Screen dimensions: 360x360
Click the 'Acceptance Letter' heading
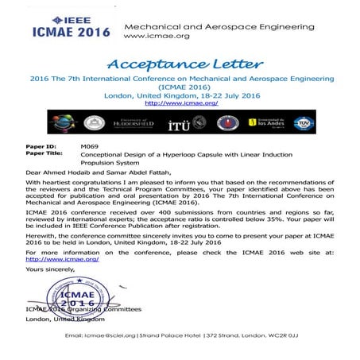click(x=180, y=64)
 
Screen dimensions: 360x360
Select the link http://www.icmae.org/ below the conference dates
click(x=180, y=103)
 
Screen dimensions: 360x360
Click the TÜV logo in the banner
click(x=325, y=124)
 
